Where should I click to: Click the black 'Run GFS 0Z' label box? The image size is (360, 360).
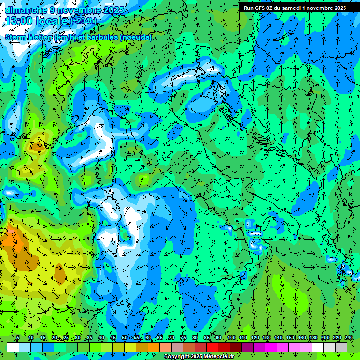pyautogui.click(x=294, y=8)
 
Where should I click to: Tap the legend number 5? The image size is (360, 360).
pyautogui.click(x=18, y=338)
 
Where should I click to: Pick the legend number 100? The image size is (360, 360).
pyautogui.click(x=231, y=338)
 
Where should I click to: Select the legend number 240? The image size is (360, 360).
pyautogui.click(x=348, y=338)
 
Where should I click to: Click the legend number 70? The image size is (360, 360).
pyautogui.click(x=171, y=338)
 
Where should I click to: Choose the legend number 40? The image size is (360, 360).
pyautogui.click(x=101, y=338)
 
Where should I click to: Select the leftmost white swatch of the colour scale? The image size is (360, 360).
pyautogui.click(x=13, y=347)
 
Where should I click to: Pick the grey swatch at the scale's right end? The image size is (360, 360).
pyautogui.click(x=341, y=347)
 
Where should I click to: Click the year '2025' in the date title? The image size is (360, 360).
pyautogui.click(x=112, y=10)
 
